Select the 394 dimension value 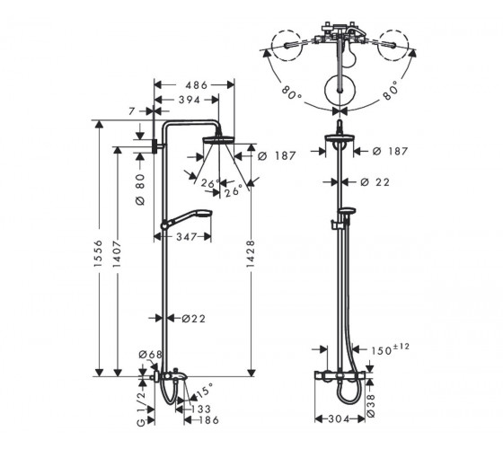click(190, 100)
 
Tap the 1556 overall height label click(98, 253)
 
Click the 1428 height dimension click(251, 253)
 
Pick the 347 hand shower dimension click(187, 237)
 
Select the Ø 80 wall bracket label click(140, 189)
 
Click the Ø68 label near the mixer click(151, 355)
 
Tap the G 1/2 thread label click(142, 409)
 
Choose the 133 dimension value click(201, 409)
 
